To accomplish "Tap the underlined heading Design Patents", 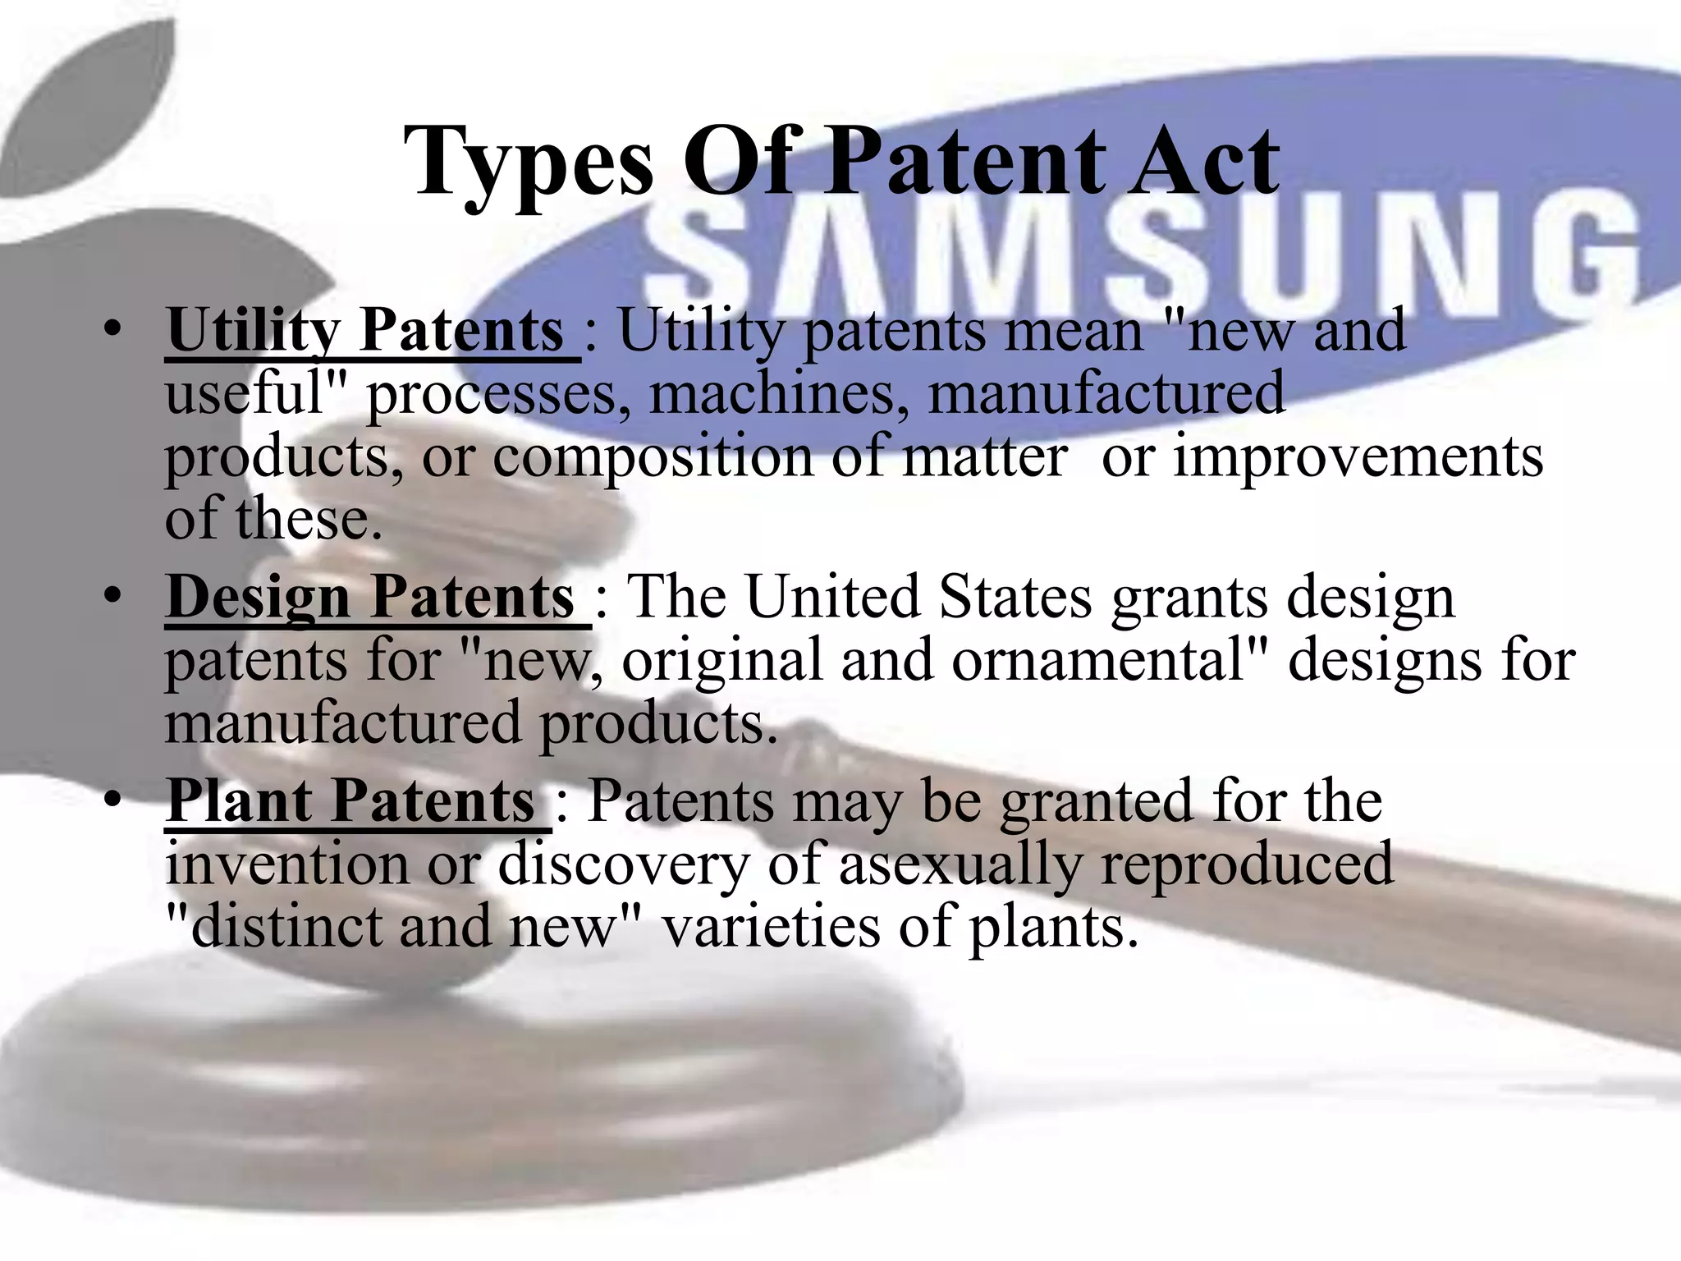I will (370, 598).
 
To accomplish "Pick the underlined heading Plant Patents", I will (351, 801).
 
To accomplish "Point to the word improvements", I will (1358, 456).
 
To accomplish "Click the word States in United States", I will (1016, 598).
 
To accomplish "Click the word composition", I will (653, 456).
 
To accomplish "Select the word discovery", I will (624, 865).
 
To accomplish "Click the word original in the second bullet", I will (722, 661).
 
